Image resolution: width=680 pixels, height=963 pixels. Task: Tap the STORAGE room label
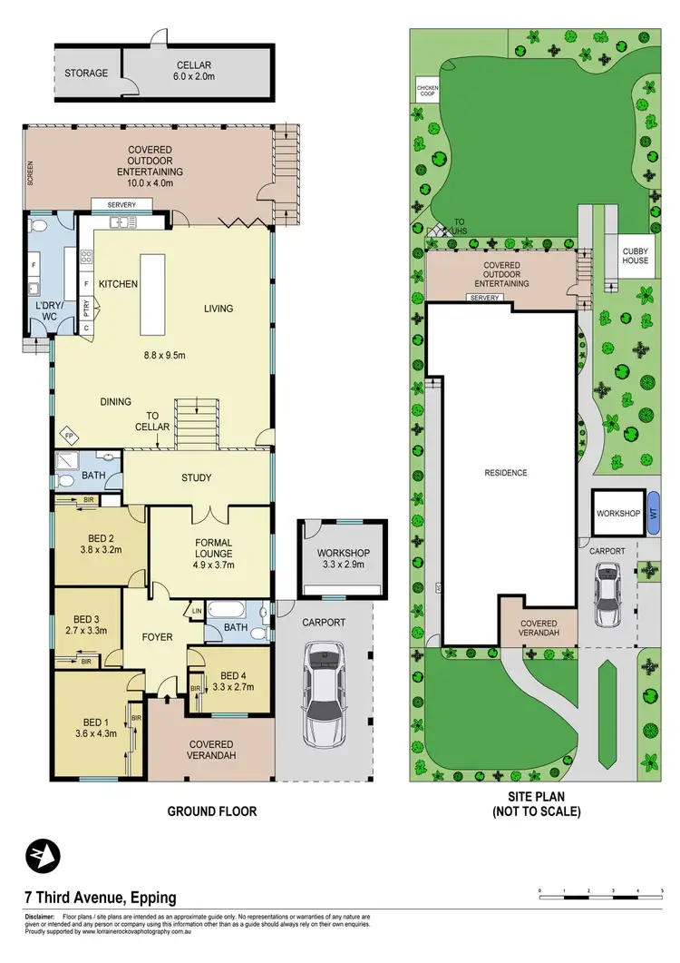tap(86, 73)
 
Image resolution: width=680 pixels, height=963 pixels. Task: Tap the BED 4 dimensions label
tap(233, 681)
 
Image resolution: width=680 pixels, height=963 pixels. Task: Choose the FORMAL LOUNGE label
tap(214, 554)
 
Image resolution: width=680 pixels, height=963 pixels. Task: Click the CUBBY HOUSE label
tap(635, 255)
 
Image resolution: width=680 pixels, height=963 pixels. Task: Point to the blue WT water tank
tap(653, 513)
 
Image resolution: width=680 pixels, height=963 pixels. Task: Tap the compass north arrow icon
tap(43, 855)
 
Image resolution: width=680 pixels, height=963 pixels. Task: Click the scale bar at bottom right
tap(601, 898)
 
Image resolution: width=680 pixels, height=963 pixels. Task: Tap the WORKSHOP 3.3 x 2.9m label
tap(343, 558)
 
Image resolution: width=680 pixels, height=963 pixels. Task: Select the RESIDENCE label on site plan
tap(505, 473)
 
